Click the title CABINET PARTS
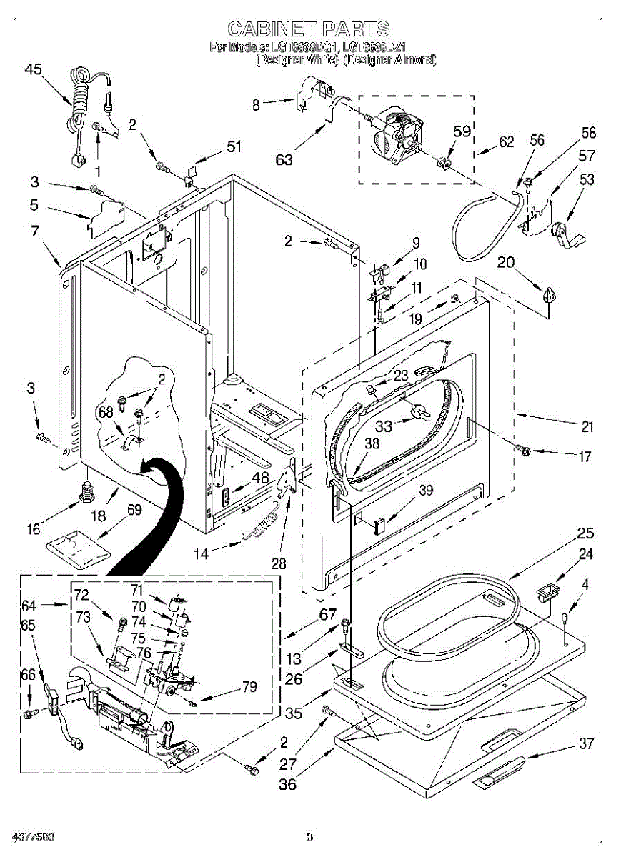(x=309, y=29)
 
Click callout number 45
(x=33, y=69)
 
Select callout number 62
(x=506, y=142)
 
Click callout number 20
(x=506, y=262)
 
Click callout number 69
(x=134, y=510)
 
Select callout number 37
(x=586, y=743)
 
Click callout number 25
(x=586, y=533)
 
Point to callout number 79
(x=249, y=687)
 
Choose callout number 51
(x=234, y=146)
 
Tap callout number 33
(x=384, y=426)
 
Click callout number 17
(x=585, y=456)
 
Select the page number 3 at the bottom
(x=309, y=836)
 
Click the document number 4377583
(x=33, y=836)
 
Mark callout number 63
(x=284, y=159)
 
